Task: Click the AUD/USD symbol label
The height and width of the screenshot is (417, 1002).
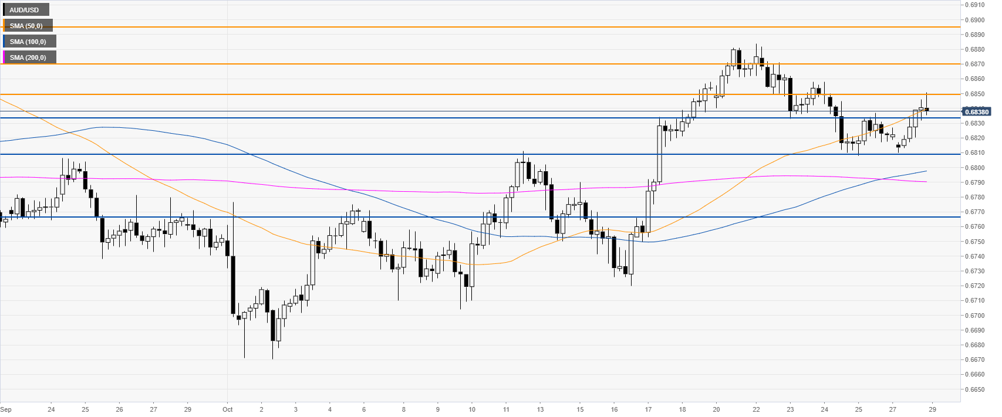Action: (x=25, y=10)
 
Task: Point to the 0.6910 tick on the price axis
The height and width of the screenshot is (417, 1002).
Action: (x=976, y=5)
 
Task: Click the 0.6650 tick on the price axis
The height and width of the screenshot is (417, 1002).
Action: (x=976, y=389)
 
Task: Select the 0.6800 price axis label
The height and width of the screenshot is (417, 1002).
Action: (x=976, y=168)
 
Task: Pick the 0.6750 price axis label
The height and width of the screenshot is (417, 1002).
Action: (x=976, y=242)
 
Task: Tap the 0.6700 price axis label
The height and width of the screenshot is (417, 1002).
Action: (x=976, y=316)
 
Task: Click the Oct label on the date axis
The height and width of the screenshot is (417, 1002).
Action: (x=228, y=409)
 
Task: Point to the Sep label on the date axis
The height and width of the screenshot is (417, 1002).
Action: (x=6, y=409)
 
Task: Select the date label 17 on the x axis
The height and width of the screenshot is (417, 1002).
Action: (x=648, y=409)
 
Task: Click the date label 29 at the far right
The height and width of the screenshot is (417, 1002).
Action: (x=933, y=409)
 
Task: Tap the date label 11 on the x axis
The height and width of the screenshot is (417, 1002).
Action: (x=506, y=409)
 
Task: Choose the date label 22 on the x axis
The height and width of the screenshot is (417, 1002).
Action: (x=756, y=409)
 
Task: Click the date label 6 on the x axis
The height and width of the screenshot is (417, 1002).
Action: (x=364, y=409)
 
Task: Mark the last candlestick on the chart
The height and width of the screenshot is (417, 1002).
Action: (x=927, y=109)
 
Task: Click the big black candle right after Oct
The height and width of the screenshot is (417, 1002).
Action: (x=233, y=285)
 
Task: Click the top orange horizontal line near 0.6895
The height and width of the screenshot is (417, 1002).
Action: (x=470, y=27)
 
